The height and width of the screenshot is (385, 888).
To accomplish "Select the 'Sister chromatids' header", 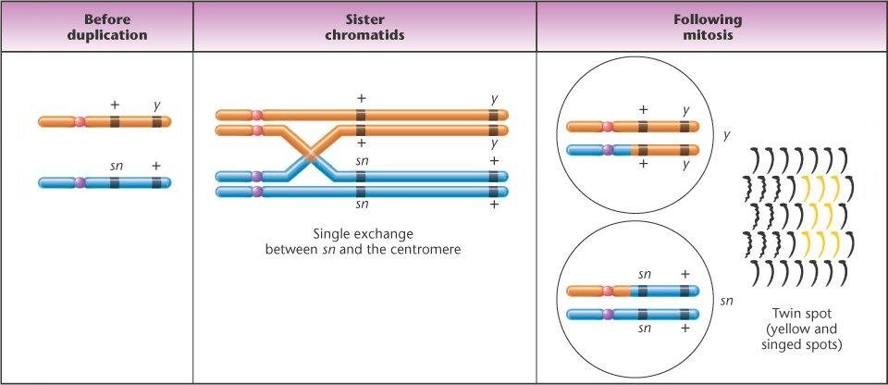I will click(364, 27).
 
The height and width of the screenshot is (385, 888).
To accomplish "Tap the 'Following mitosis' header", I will click(712, 27).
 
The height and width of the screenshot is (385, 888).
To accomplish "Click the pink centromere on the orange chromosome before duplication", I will click(80, 121).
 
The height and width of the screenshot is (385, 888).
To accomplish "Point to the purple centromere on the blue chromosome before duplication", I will click(80, 182).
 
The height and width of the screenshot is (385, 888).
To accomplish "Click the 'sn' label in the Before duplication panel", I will click(117, 166).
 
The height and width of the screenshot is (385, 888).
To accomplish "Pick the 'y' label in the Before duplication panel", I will click(157, 106).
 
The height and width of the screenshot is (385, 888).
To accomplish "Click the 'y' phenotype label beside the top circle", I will click(727, 134).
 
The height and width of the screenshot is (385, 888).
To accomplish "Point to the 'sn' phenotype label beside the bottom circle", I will click(728, 301).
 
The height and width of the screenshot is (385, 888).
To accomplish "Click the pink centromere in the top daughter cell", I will click(608, 127).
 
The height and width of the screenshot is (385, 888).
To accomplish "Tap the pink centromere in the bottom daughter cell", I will click(608, 292).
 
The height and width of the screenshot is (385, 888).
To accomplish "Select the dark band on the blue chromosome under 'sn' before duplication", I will click(115, 182).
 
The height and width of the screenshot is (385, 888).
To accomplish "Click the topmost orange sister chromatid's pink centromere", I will click(256, 115).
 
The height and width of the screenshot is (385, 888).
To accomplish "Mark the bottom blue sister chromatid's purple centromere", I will click(256, 192).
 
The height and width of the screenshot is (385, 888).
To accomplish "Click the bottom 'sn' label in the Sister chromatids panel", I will click(363, 204).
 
